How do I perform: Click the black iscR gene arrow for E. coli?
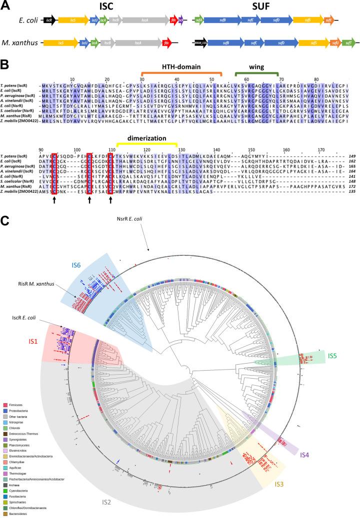click(x=48, y=20)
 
